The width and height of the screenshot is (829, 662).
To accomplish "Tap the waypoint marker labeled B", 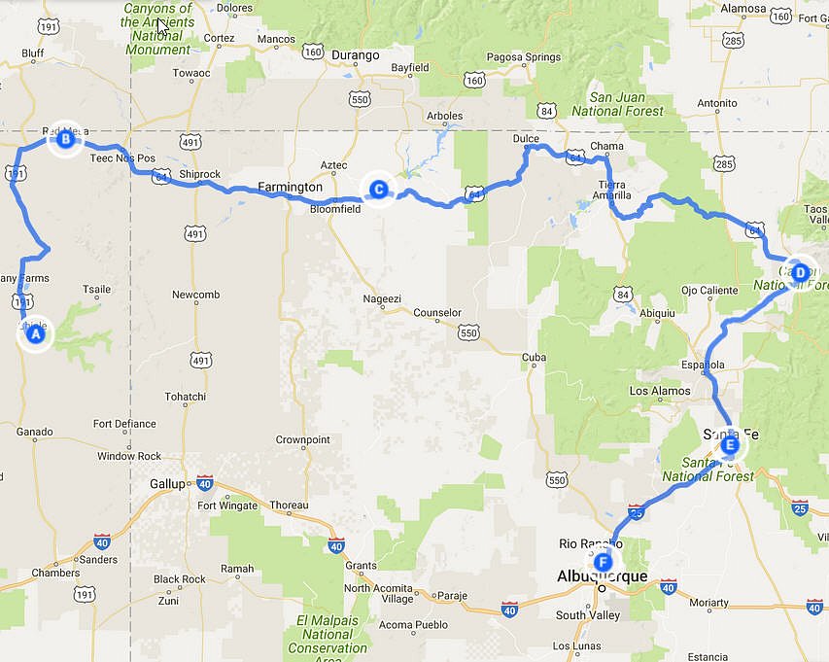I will [65, 140].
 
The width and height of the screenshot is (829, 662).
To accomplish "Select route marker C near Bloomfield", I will [378, 190].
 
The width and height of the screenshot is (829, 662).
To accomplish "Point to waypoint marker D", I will [799, 273].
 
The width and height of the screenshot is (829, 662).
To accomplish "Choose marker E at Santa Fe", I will [730, 446].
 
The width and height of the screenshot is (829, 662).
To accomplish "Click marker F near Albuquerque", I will [604, 562].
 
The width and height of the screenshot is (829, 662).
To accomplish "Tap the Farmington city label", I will [291, 187].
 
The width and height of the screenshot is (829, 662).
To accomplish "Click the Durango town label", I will [355, 55].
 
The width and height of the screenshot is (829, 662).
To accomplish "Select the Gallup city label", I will [166, 483].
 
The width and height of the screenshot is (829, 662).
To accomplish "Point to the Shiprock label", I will [200, 175].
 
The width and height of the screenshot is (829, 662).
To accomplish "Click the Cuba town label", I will [534, 358].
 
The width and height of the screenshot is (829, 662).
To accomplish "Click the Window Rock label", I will [129, 456].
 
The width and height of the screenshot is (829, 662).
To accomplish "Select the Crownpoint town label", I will [302, 439].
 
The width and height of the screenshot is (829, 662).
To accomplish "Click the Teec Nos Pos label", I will [122, 157].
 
